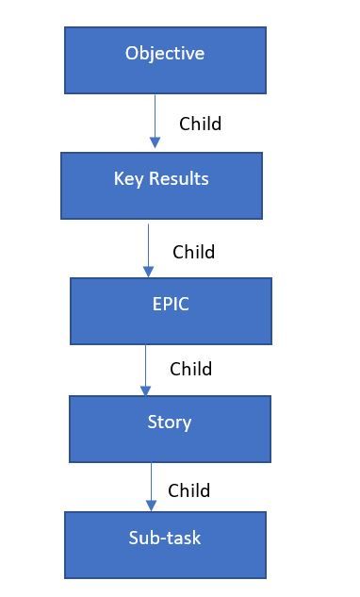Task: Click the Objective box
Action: [x=165, y=60]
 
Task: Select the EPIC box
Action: [x=171, y=310]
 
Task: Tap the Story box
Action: [x=170, y=428]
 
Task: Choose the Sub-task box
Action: [x=165, y=544]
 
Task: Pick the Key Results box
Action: [x=161, y=186]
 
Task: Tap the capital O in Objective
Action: [x=132, y=54]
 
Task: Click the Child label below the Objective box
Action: [x=200, y=124]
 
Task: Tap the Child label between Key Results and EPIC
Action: [x=193, y=252]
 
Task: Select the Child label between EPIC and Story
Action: [x=190, y=369]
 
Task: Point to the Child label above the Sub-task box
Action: [x=188, y=490]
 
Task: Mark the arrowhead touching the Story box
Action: [x=145, y=390]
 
